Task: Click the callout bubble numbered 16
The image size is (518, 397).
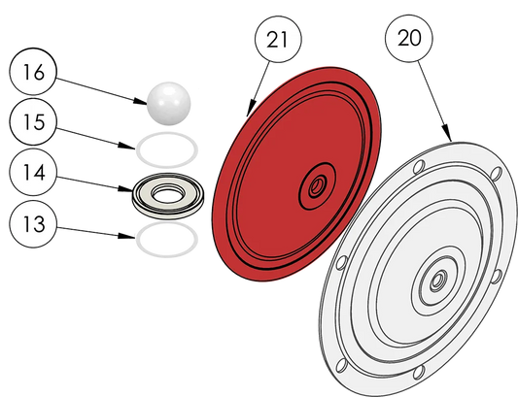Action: click(33, 72)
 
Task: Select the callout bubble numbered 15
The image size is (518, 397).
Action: click(33, 121)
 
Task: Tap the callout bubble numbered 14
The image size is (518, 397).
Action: click(33, 172)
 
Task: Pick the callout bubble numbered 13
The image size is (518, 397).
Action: click(33, 224)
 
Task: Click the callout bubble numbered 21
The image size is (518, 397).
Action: click(278, 39)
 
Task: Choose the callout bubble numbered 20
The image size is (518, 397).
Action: click(408, 38)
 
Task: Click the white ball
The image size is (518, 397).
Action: click(169, 103)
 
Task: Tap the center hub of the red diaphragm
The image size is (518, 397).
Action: click(317, 186)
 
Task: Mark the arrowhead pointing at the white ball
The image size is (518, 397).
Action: click(141, 101)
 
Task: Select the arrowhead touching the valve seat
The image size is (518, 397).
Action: click(126, 189)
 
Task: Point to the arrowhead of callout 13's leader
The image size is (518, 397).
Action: click(127, 236)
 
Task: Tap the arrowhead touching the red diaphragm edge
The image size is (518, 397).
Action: click(251, 107)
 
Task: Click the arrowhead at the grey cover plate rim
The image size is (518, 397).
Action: click(447, 133)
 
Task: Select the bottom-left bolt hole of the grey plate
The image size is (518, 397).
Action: click(341, 366)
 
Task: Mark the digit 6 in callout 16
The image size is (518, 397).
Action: click(39, 72)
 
